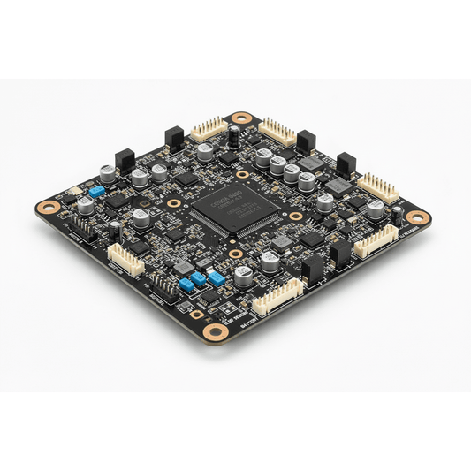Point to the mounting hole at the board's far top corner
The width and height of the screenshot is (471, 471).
point(240,117)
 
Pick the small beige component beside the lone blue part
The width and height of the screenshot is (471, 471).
point(74,192)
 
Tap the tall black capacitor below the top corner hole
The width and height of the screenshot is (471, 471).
point(233,136)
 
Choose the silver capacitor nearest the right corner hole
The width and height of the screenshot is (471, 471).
point(376,209)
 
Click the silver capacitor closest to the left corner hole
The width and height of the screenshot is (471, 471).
point(86,206)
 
